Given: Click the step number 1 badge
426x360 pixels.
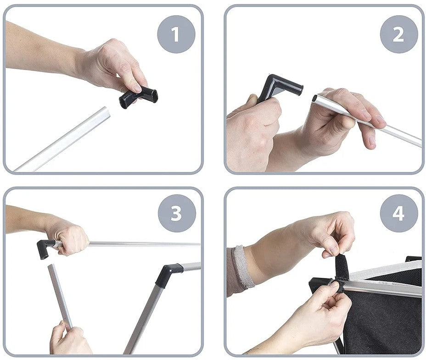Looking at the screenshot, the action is [176, 34].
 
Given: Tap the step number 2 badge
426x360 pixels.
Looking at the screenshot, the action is [398, 34].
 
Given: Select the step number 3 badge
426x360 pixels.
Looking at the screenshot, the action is [177, 213].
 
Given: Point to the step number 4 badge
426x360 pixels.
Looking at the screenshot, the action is [399, 213].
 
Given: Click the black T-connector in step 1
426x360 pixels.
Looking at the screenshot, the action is [139, 97].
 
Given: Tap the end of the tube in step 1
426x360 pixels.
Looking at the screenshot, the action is [107, 112].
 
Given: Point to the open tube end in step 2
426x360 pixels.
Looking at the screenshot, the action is [314, 99].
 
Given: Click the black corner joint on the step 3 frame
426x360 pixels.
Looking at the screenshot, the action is [168, 274].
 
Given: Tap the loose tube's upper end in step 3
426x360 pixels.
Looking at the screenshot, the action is [51, 266].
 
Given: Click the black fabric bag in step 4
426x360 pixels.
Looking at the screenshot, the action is [383, 315].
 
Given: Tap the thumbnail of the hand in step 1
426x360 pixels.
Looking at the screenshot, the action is [137, 88].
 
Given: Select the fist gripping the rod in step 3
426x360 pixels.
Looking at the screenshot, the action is [71, 239].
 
